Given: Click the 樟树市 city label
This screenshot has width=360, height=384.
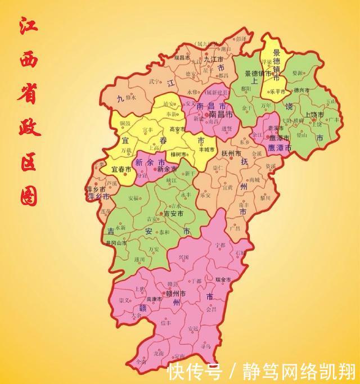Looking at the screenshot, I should tap(179, 153).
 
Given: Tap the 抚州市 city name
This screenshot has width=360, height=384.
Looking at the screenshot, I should tap(231, 153).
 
